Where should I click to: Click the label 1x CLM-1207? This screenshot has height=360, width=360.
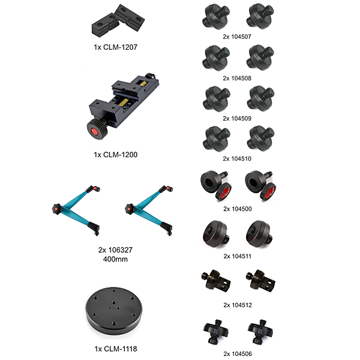[115, 47]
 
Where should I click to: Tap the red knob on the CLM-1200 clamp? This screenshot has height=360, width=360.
[95, 132]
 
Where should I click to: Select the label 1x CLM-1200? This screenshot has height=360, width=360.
[115, 155]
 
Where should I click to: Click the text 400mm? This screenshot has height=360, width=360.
[115, 259]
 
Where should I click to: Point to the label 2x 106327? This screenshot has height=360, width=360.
[115, 250]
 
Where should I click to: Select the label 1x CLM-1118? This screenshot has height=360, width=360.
[116, 349]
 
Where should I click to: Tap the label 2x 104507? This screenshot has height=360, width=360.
[237, 37]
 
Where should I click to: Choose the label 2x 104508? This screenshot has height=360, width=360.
[237, 78]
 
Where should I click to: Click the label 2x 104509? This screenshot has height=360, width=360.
[237, 118]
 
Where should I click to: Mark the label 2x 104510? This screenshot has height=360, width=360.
[237, 158]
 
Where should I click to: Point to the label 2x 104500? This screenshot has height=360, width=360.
[238, 209]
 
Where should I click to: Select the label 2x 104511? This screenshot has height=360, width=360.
[238, 256]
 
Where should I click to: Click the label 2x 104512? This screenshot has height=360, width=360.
[238, 305]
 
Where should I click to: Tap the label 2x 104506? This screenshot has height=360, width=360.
[238, 354]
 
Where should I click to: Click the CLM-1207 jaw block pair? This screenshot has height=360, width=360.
[118, 20]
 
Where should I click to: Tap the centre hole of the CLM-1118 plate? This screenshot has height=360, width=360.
[114, 302]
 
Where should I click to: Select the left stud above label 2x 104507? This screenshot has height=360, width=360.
[216, 17]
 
